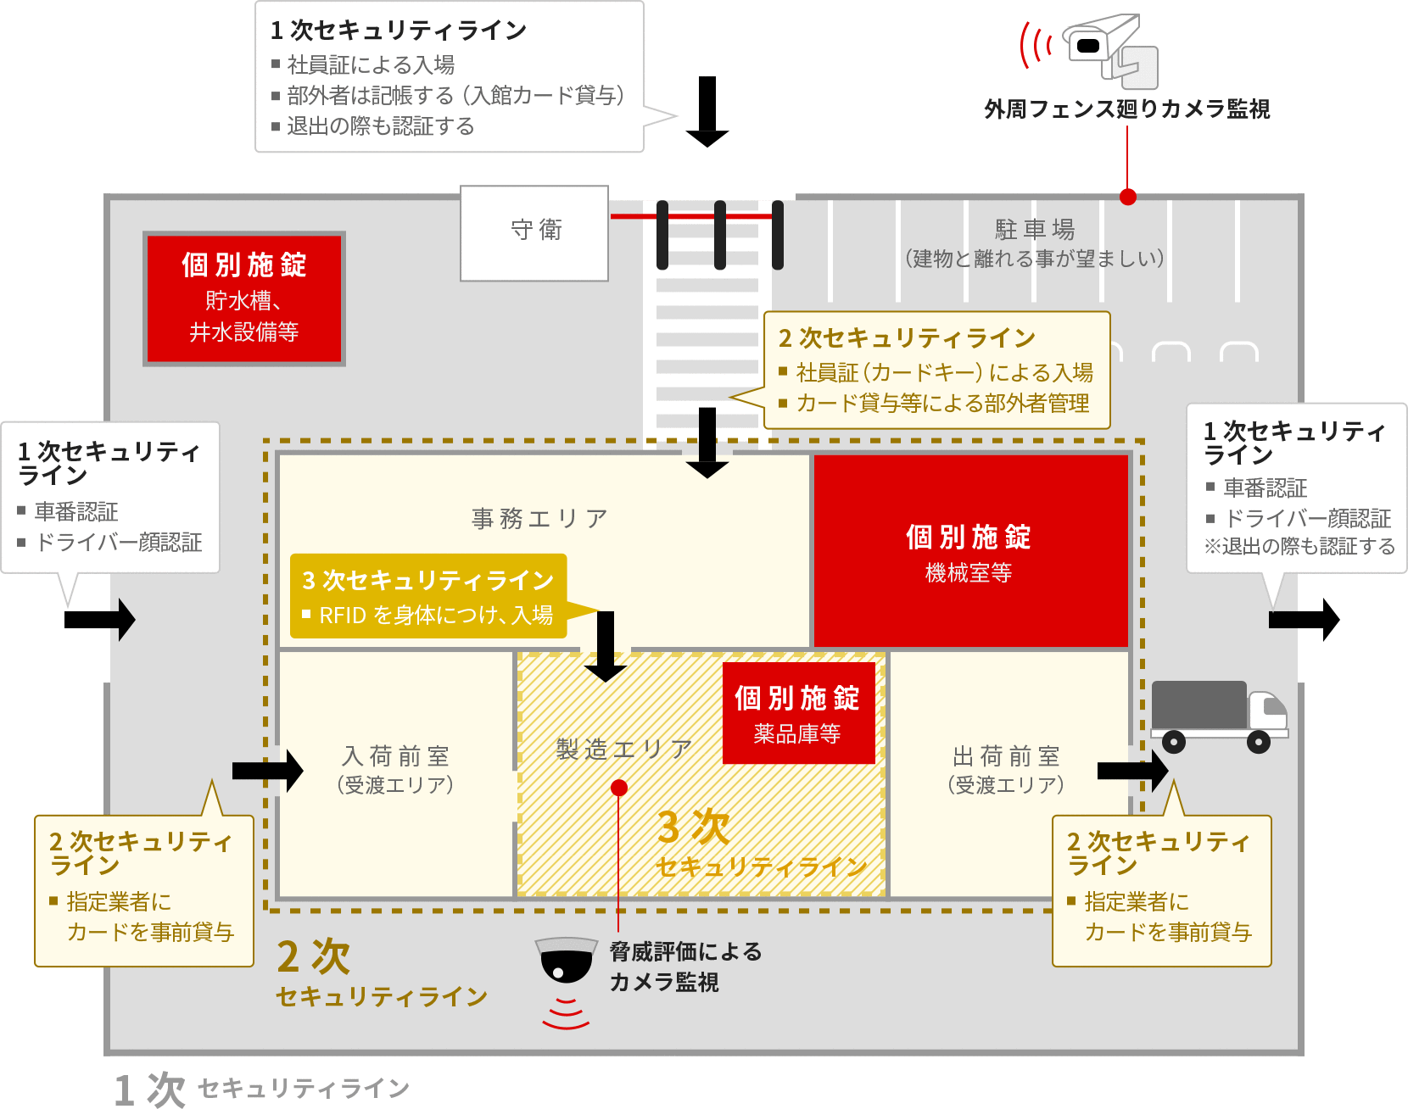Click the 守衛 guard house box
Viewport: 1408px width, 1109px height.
click(x=534, y=233)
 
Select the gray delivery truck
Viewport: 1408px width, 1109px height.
click(x=1220, y=716)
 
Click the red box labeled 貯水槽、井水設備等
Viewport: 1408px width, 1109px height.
click(x=244, y=298)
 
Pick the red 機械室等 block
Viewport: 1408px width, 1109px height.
click(x=970, y=551)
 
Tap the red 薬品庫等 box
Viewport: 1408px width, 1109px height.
click(x=798, y=712)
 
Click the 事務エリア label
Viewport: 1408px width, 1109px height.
click(x=539, y=518)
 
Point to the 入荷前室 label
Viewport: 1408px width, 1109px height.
click(x=396, y=755)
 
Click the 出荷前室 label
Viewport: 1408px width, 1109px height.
click(x=1006, y=755)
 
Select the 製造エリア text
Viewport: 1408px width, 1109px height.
click(x=624, y=749)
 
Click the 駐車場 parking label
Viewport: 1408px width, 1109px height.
click(x=1035, y=229)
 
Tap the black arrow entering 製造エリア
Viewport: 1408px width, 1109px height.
click(x=606, y=647)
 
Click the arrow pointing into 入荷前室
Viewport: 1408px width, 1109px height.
click(x=268, y=771)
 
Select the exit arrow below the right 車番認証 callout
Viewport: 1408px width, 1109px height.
click(x=1305, y=620)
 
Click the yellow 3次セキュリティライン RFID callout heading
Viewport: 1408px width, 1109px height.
click(x=428, y=580)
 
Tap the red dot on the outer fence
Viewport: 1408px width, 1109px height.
click(x=1128, y=197)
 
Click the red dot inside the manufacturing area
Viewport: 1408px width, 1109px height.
click(x=619, y=788)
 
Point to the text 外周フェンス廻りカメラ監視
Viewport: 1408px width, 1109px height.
click(x=1127, y=109)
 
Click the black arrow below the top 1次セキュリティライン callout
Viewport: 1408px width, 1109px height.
click(x=707, y=112)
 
